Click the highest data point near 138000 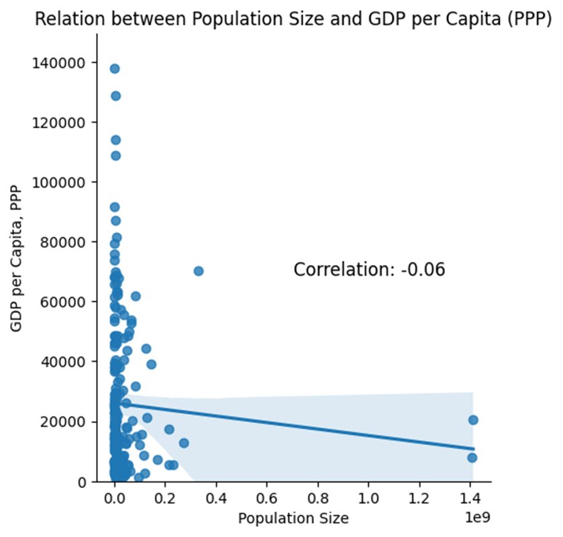click(115, 68)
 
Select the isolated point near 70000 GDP click(199, 271)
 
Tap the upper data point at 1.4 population click(473, 420)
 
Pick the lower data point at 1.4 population click(472, 458)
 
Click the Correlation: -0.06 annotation click(370, 270)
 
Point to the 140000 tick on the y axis click(64, 62)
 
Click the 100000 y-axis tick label click(64, 182)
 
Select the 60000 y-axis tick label click(67, 302)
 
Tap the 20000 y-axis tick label click(67, 422)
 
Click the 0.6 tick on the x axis click(267, 499)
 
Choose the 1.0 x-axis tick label click(369, 499)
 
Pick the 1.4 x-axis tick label click(471, 499)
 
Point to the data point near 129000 click(115, 96)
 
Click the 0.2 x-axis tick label click(166, 499)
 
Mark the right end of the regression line click(474, 448)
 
